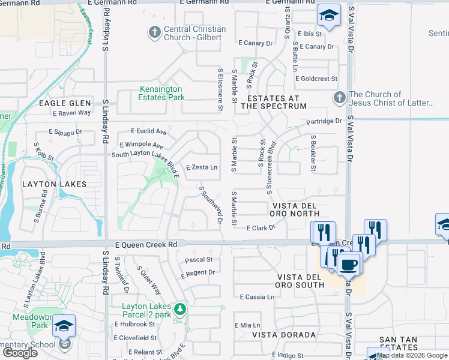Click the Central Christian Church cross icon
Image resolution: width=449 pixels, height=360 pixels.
[x=154, y=32]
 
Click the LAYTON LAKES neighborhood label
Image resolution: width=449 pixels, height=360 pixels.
[x=54, y=184]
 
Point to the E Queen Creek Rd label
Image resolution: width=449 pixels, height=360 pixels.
[x=146, y=245]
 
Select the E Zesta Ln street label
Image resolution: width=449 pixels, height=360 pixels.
[x=202, y=167]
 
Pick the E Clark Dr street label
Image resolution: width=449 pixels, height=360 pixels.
[x=261, y=228]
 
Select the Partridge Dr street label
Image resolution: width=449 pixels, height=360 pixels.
[x=324, y=121]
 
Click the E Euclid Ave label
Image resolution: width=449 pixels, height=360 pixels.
[x=149, y=131]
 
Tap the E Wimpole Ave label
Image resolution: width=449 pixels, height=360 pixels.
[x=142, y=145]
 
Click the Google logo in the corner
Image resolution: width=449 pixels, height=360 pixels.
[x=20, y=353]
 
